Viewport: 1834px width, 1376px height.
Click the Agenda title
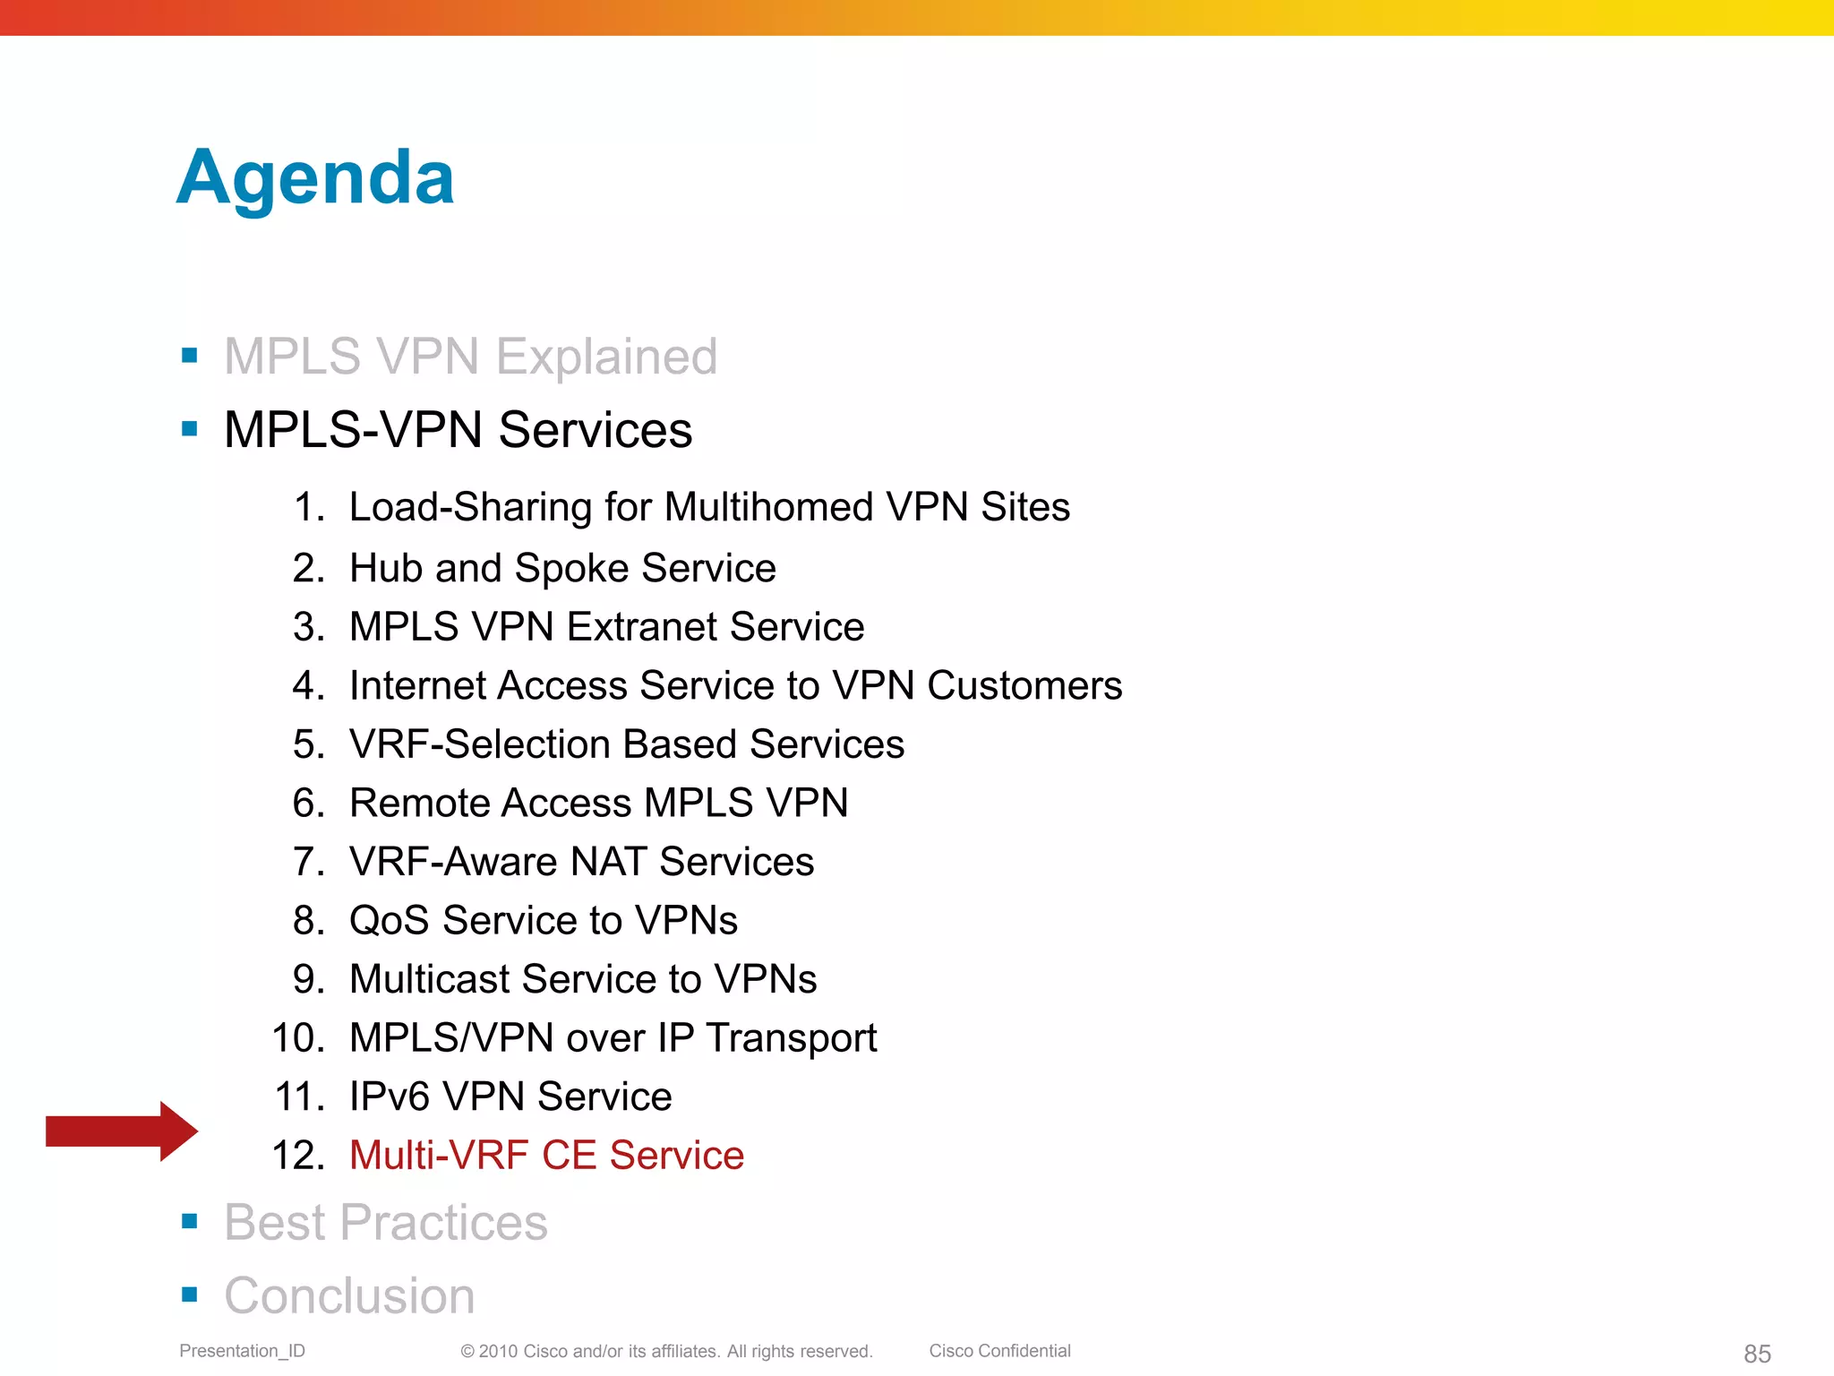point(315,177)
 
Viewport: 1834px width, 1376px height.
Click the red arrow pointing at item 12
point(121,1131)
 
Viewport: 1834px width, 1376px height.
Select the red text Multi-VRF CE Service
point(546,1155)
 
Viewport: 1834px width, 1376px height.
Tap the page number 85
point(1757,1354)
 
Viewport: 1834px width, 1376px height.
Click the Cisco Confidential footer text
point(999,1351)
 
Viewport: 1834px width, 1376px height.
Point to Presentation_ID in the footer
point(242,1351)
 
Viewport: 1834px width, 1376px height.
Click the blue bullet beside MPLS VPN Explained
point(189,356)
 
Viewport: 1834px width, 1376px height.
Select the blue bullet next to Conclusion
point(189,1294)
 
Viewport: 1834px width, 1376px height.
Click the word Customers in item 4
point(1024,686)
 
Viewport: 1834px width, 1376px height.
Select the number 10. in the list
point(298,1038)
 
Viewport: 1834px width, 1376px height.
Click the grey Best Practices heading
point(385,1222)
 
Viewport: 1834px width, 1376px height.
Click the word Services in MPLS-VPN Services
point(595,430)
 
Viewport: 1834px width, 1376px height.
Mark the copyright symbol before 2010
point(467,1352)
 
